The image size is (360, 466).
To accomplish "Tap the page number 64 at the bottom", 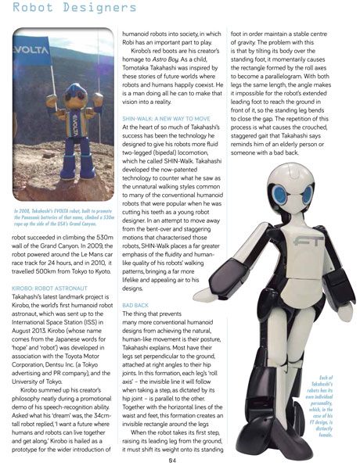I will [181, 457].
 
